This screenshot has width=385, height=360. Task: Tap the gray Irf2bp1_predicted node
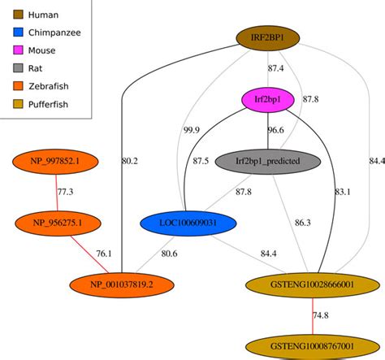[267, 161]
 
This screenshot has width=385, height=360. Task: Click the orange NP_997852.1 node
[56, 161]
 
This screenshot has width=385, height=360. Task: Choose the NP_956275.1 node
[56, 221]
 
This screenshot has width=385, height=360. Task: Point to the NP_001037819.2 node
[122, 284]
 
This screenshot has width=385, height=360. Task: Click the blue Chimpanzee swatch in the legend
[15, 33]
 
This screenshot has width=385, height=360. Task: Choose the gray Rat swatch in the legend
[15, 68]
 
